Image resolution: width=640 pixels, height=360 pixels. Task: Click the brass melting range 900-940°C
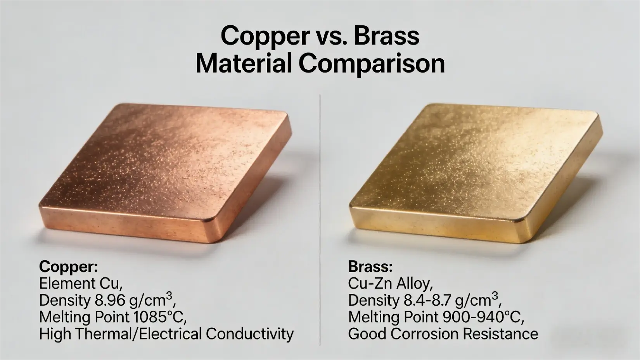pos(483,317)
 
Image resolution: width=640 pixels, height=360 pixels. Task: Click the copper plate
pos(163,171)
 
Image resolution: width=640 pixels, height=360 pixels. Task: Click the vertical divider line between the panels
pos(320,217)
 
